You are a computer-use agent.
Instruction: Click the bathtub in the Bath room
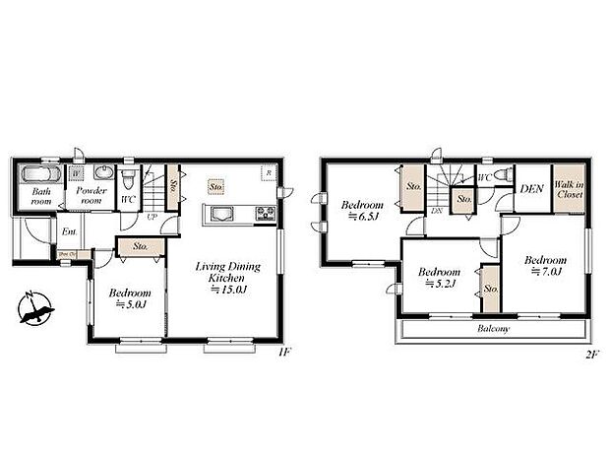(x=43, y=175)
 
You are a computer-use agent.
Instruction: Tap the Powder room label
(x=88, y=194)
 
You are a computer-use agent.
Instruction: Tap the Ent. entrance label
(x=69, y=231)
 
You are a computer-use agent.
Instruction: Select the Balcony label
(x=493, y=328)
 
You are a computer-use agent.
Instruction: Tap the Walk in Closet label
(x=567, y=189)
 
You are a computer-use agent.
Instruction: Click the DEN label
(x=532, y=189)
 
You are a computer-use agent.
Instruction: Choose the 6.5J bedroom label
(x=360, y=211)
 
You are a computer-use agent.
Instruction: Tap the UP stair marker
(x=152, y=217)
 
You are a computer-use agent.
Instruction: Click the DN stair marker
(x=436, y=211)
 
